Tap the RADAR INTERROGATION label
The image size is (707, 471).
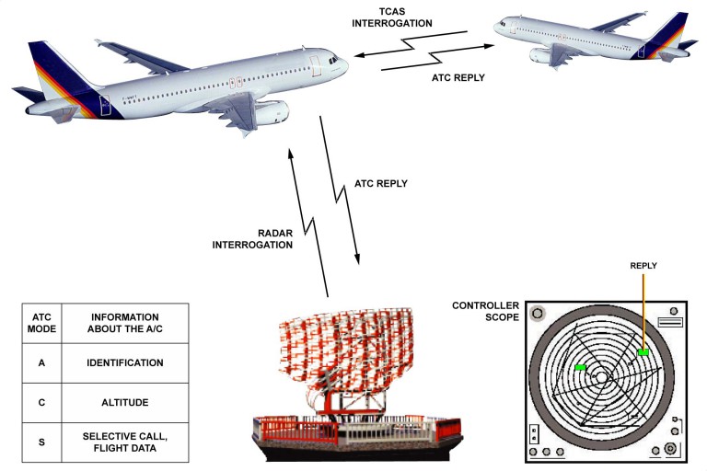point(254,238)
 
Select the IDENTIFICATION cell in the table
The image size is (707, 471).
point(125,363)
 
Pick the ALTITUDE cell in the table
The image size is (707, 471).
point(125,402)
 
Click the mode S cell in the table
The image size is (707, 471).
point(41,442)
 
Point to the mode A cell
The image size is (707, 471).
point(41,363)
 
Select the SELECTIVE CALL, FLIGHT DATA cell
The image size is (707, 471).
point(125,442)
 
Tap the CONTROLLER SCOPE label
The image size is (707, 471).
point(484,311)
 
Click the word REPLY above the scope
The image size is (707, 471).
point(643,265)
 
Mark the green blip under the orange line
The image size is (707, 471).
point(643,352)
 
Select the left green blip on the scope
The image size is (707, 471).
point(580,368)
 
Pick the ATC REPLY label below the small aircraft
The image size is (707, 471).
point(458,78)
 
